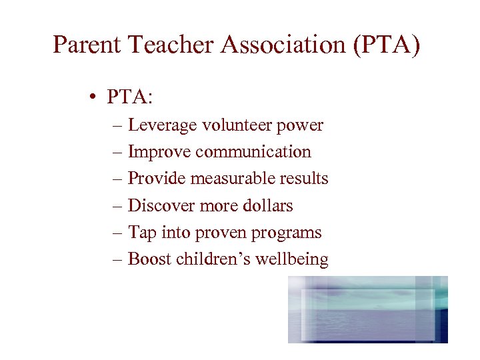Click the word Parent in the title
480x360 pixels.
87,45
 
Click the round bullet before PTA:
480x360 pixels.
97,98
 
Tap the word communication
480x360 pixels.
253,152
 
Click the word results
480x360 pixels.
304,179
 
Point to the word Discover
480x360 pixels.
161,205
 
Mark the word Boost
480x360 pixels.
149,259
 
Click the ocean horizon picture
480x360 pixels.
368,309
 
